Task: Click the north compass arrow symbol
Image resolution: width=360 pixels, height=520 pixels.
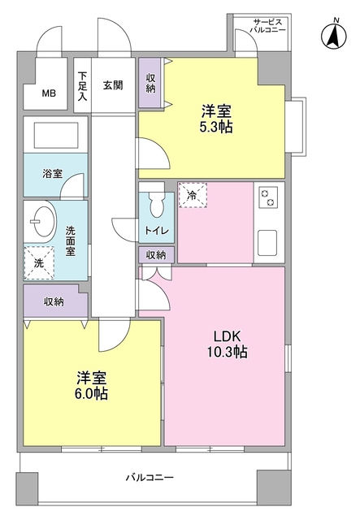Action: pyautogui.click(x=332, y=35)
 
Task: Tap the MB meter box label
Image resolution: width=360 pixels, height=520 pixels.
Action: pyautogui.click(x=50, y=93)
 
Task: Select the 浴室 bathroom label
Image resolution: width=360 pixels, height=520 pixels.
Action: pyautogui.click(x=53, y=172)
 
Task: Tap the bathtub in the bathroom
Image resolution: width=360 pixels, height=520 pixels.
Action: pyautogui.click(x=53, y=134)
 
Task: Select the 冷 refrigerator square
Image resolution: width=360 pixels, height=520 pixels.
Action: pyautogui.click(x=192, y=195)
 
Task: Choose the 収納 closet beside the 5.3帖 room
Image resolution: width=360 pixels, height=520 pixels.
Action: pyautogui.click(x=151, y=83)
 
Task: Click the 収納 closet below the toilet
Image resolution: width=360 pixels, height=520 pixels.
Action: pyautogui.click(x=155, y=254)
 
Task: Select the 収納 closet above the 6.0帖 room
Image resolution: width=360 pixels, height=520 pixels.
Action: pyautogui.click(x=54, y=301)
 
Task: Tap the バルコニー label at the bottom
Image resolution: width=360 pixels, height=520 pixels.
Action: pyautogui.click(x=150, y=478)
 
